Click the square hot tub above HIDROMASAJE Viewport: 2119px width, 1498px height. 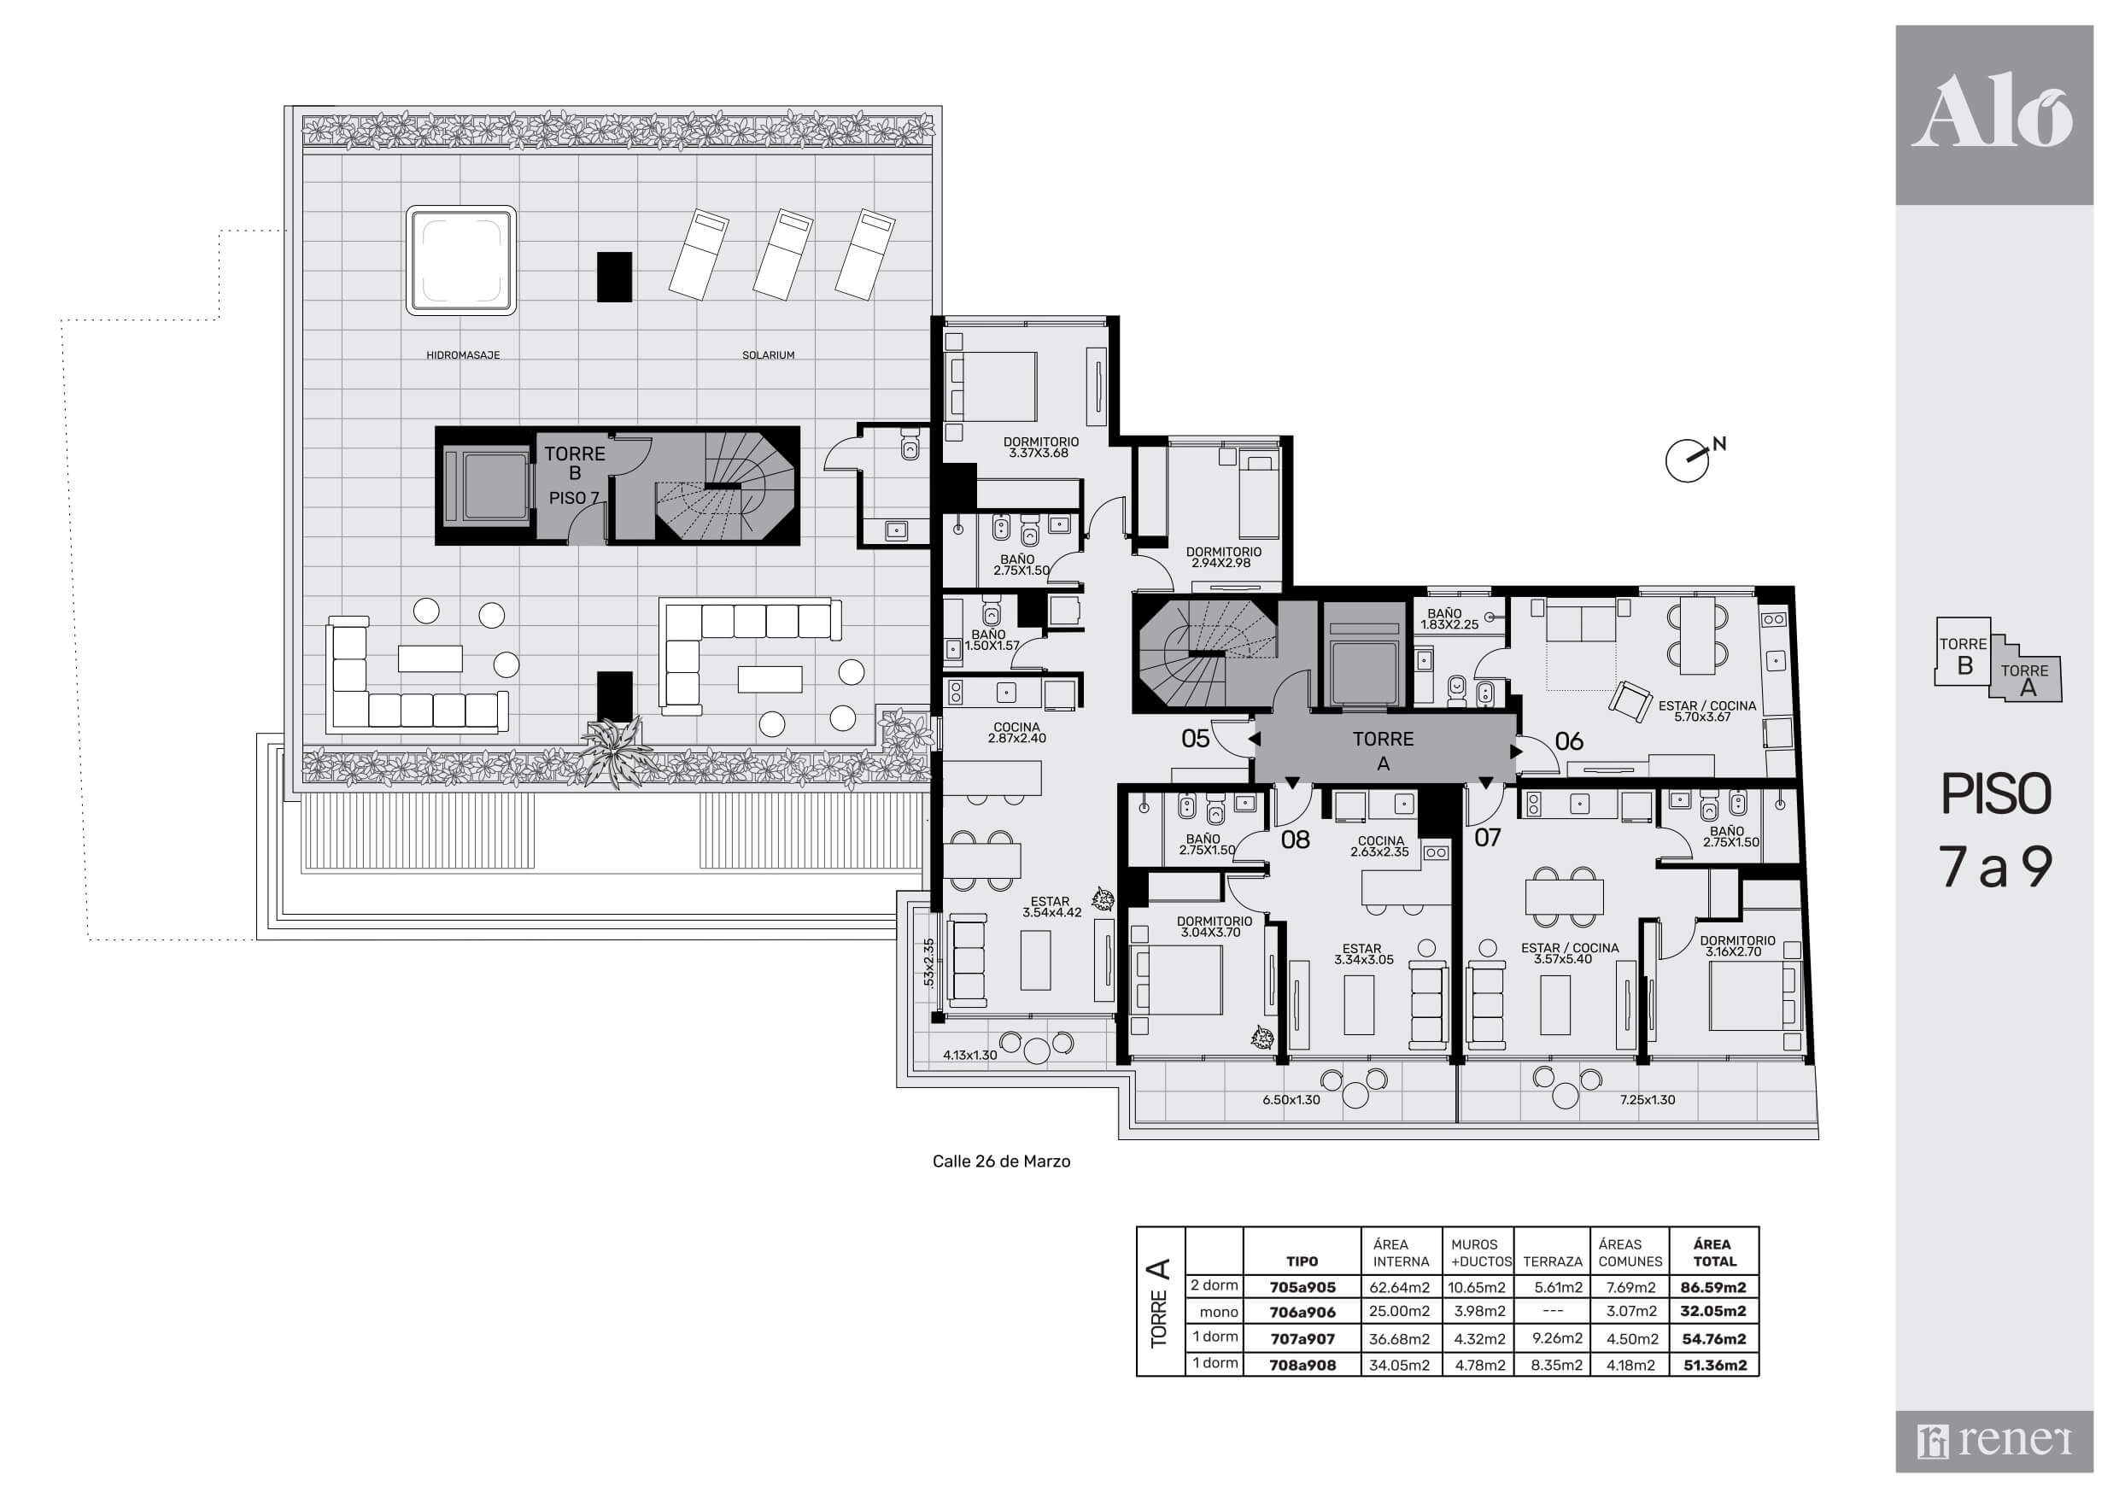pyautogui.click(x=460, y=260)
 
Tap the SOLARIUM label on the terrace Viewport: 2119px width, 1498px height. pyautogui.click(x=768, y=355)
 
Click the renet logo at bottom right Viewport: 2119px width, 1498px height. pyautogui.click(x=1993, y=1441)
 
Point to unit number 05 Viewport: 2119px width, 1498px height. pyautogui.click(x=1195, y=739)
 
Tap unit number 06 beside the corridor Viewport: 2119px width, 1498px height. pyautogui.click(x=1569, y=741)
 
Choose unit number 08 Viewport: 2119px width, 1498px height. pyautogui.click(x=1296, y=840)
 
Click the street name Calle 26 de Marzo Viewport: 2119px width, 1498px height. pyautogui.click(x=1001, y=1162)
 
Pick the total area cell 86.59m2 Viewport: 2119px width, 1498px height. pyautogui.click(x=1714, y=1287)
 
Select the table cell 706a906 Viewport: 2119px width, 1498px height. pyautogui.click(x=1302, y=1312)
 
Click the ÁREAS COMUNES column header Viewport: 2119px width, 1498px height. pyautogui.click(x=1630, y=1253)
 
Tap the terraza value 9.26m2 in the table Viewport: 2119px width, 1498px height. pyautogui.click(x=1557, y=1338)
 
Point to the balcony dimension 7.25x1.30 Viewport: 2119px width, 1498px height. pyautogui.click(x=1648, y=1099)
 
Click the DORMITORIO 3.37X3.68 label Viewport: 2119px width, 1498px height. pyautogui.click(x=1041, y=448)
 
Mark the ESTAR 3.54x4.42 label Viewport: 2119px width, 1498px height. pyautogui.click(x=1051, y=907)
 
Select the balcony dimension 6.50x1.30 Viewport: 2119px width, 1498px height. pyautogui.click(x=1291, y=1099)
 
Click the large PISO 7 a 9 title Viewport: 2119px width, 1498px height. pyautogui.click(x=1995, y=830)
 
